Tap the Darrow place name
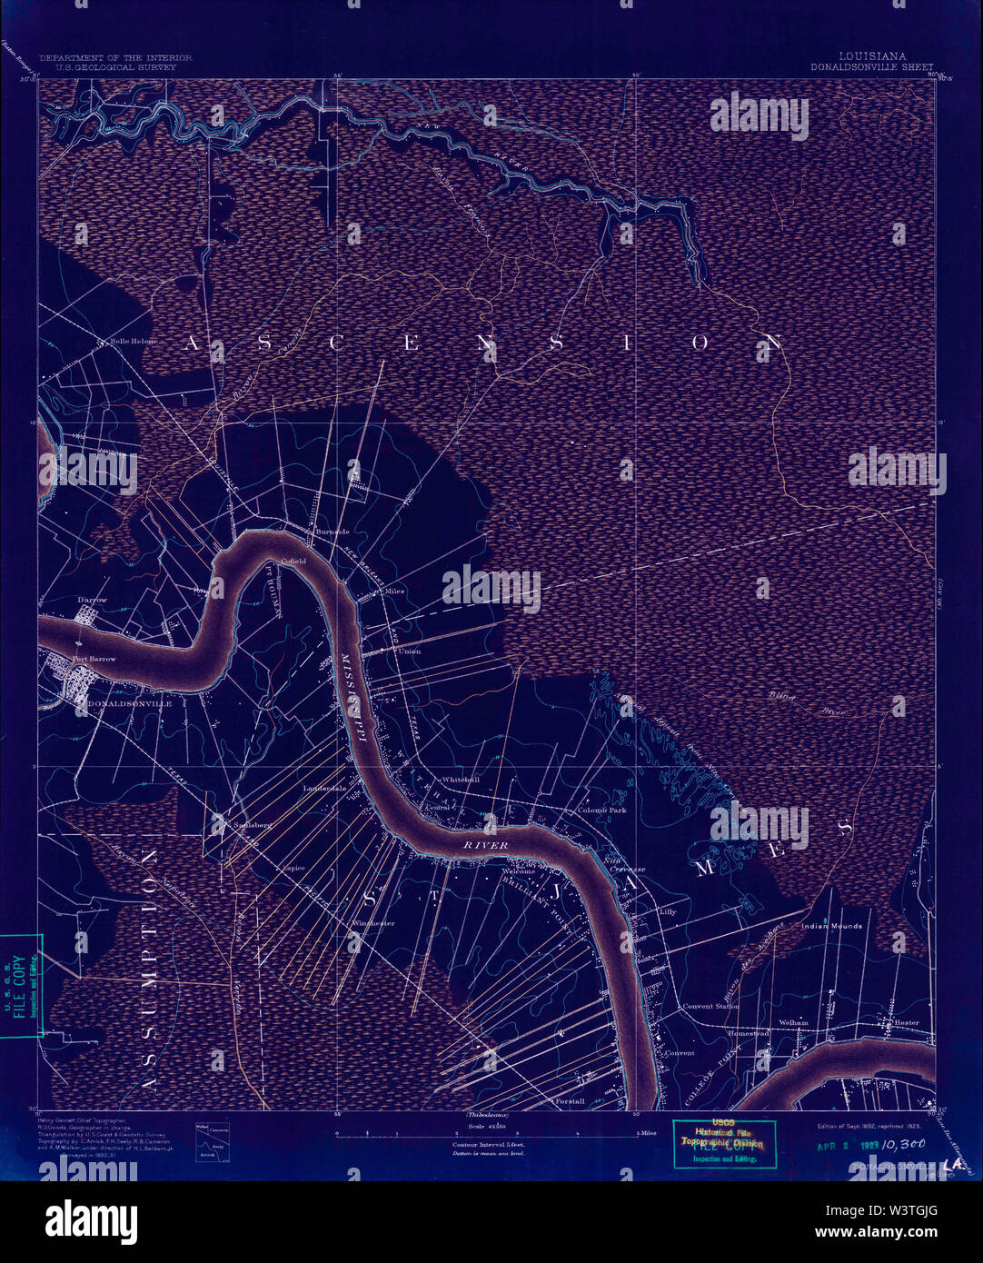92,600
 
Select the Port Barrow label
94,659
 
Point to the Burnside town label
332,531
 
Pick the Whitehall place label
460,780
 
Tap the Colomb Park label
602,810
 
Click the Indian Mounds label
831,926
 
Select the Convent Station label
710,1006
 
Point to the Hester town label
906,1022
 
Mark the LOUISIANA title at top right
872,56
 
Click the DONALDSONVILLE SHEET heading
872,66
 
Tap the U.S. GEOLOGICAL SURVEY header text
115,66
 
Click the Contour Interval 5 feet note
490,1144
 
